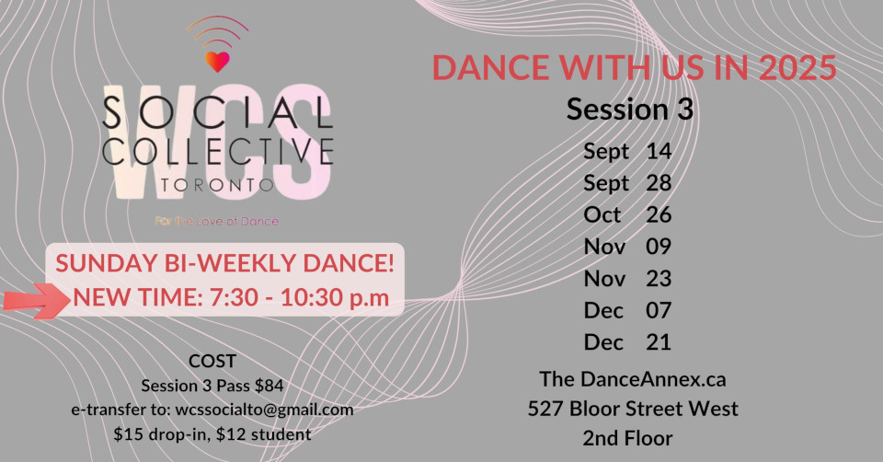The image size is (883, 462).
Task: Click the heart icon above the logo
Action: tap(217, 62)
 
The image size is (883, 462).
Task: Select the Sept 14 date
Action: tap(627, 152)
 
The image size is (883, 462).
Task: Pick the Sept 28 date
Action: tap(627, 183)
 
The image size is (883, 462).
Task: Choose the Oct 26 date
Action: tap(627, 214)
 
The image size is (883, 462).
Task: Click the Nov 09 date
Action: tap(627, 247)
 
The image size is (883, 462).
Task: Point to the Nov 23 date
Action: tap(627, 278)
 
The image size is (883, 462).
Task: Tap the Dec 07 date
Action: tap(627, 310)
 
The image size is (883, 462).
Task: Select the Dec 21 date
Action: tap(627, 342)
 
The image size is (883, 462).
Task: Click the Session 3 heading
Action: tap(629, 109)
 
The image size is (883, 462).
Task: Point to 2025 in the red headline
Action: tap(797, 67)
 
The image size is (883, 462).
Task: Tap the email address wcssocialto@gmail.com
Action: tap(264, 410)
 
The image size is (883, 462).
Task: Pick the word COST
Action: tap(212, 361)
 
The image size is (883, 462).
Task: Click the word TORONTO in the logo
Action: tap(217, 185)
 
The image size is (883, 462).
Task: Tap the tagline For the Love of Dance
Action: tap(217, 222)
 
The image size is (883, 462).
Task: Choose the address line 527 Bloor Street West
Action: tap(633, 409)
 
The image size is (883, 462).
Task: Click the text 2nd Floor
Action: tap(627, 438)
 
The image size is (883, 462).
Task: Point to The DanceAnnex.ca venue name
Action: tap(633, 379)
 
